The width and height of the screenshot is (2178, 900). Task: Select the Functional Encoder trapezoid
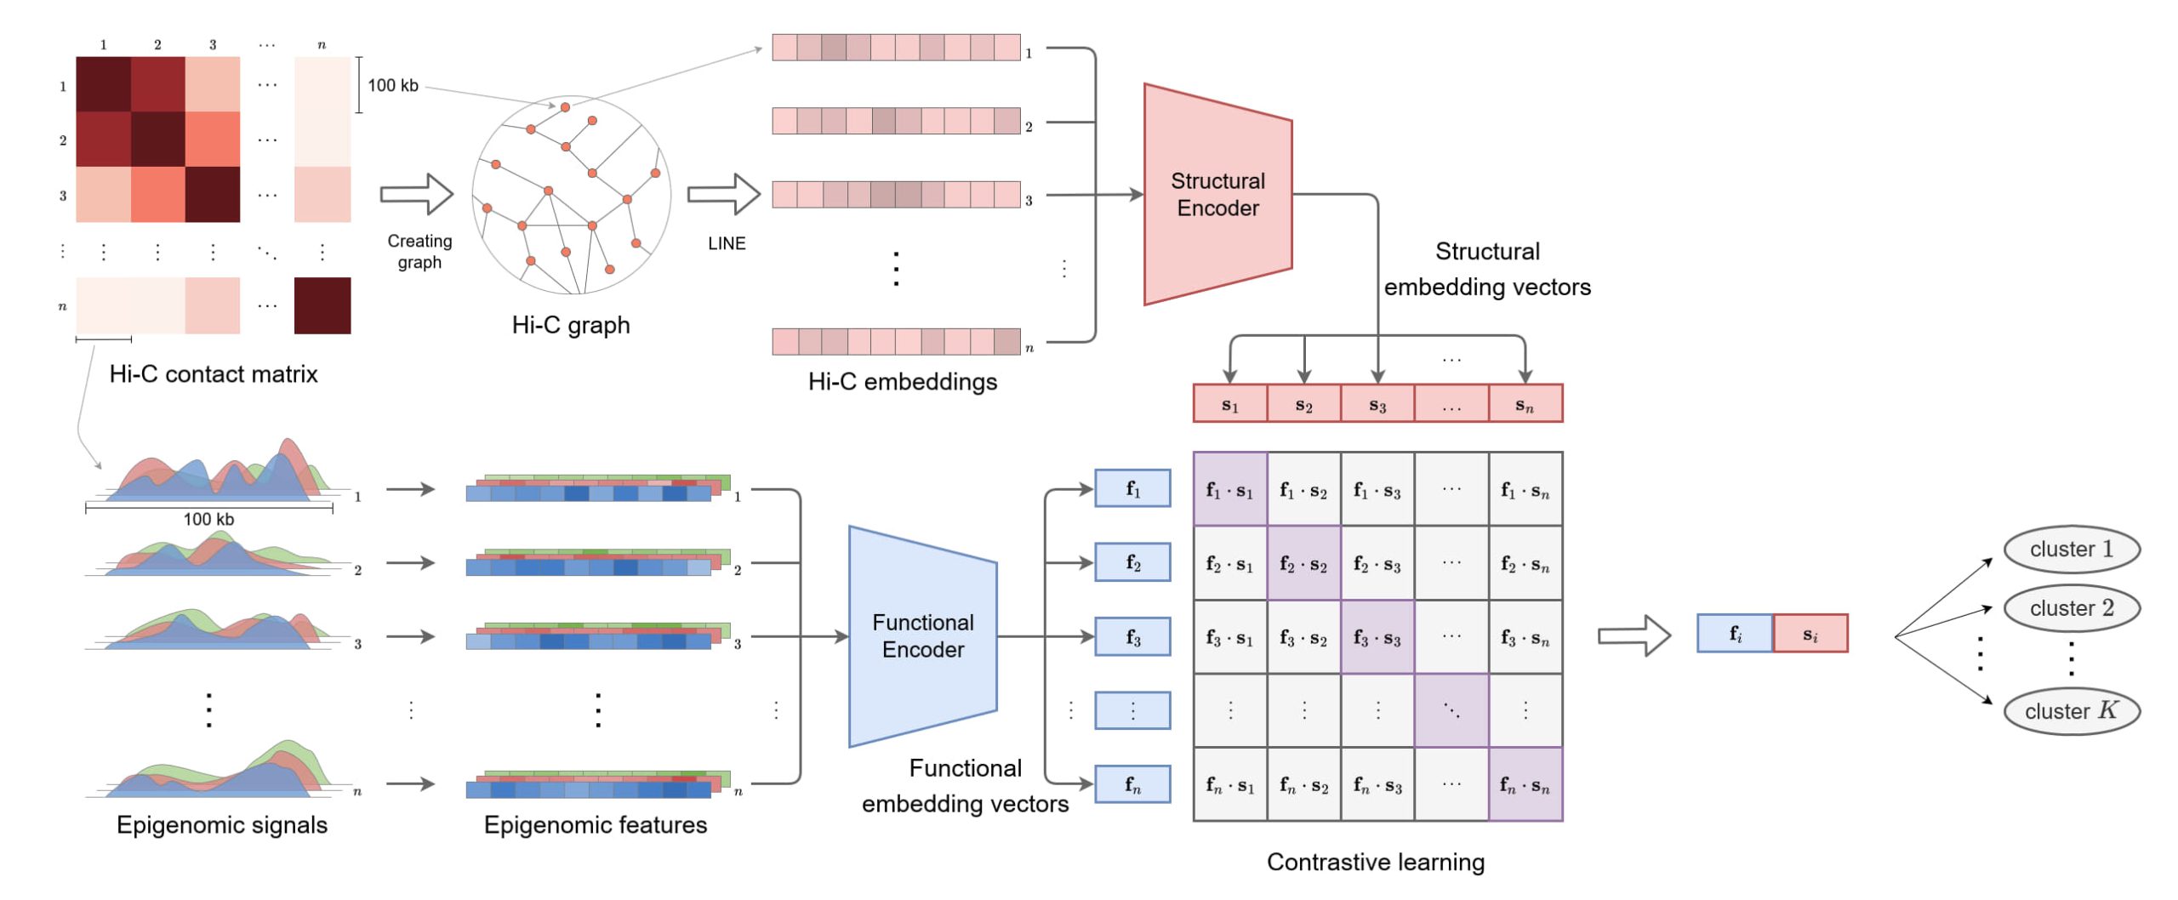point(922,635)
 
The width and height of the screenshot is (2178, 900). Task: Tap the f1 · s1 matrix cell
point(1229,489)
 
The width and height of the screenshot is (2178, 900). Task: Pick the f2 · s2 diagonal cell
point(1303,563)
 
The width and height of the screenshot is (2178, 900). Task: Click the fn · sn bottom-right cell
point(1525,784)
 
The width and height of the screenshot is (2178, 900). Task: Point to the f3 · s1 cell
point(1229,637)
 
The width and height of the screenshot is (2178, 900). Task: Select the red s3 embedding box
point(1377,403)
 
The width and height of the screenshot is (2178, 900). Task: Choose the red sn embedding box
point(1525,403)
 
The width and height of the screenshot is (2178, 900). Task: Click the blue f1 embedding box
point(1132,488)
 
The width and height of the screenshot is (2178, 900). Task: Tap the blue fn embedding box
point(1132,784)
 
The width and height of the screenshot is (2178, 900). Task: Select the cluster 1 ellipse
point(2071,549)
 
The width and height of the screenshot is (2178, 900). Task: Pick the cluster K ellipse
point(2071,710)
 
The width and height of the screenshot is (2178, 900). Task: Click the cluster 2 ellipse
point(2071,607)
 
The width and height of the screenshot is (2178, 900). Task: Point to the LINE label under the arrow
point(727,243)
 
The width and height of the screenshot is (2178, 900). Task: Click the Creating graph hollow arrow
point(416,194)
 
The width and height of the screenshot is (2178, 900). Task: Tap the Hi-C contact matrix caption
point(214,374)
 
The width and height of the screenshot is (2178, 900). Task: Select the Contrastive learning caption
point(1375,862)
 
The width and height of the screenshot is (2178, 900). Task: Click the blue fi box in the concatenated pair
point(1735,634)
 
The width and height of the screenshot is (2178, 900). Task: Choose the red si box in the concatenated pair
point(1810,634)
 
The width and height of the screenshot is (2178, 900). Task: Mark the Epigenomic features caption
point(595,824)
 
